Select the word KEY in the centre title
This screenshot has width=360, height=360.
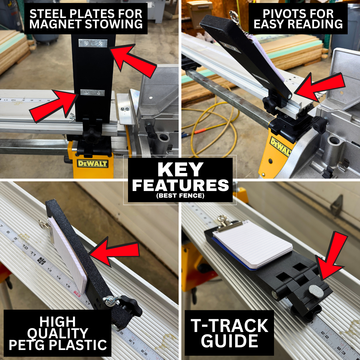[x=180, y=169]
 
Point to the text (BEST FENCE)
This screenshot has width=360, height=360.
[x=180, y=196]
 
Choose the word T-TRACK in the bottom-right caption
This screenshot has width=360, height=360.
[x=230, y=326]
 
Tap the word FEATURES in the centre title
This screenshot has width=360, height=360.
[x=180, y=185]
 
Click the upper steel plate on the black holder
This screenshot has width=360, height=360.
[x=93, y=43]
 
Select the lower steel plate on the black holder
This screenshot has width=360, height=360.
[x=92, y=93]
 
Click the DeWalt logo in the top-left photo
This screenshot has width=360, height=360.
[x=93, y=163]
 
